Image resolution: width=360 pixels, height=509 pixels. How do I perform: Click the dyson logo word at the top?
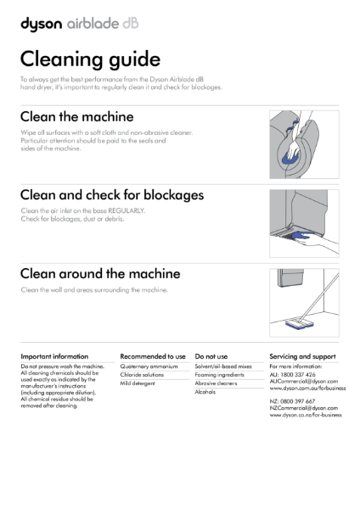pos(40,25)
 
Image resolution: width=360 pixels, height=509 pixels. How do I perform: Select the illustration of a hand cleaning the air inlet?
pos(305,218)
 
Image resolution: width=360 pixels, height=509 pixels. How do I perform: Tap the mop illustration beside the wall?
pos(305,298)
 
